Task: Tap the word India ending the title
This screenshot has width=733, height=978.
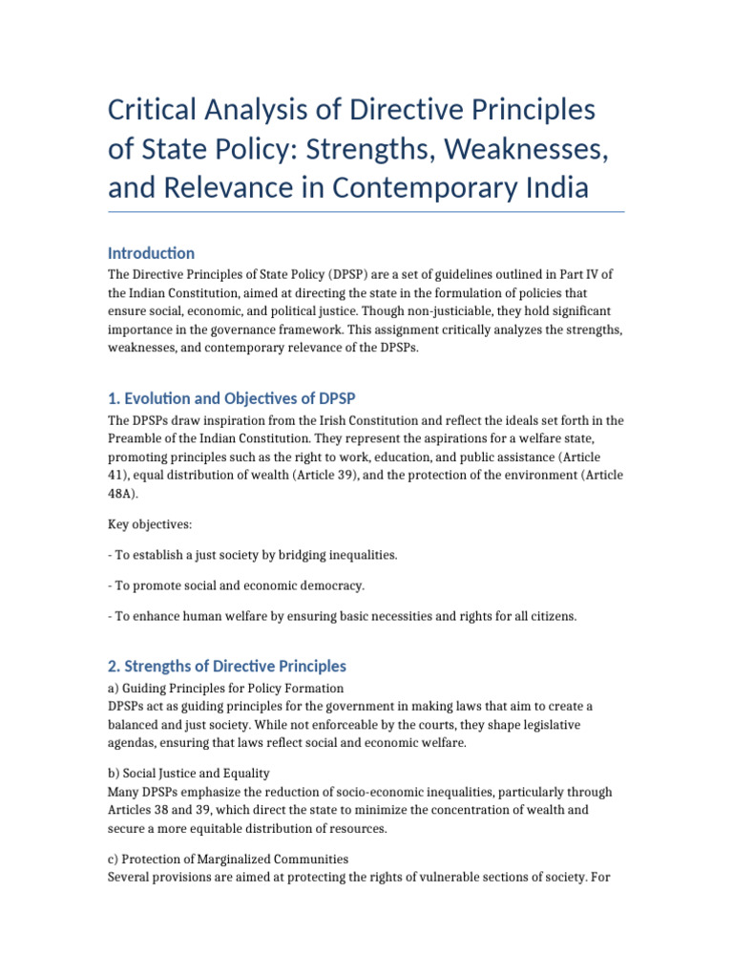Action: pyautogui.click(x=553, y=187)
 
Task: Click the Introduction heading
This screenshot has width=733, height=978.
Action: pyautogui.click(x=151, y=253)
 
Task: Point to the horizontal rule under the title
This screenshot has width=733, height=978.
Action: pyautogui.click(x=366, y=212)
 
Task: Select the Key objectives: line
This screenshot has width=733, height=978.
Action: pyautogui.click(x=151, y=524)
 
